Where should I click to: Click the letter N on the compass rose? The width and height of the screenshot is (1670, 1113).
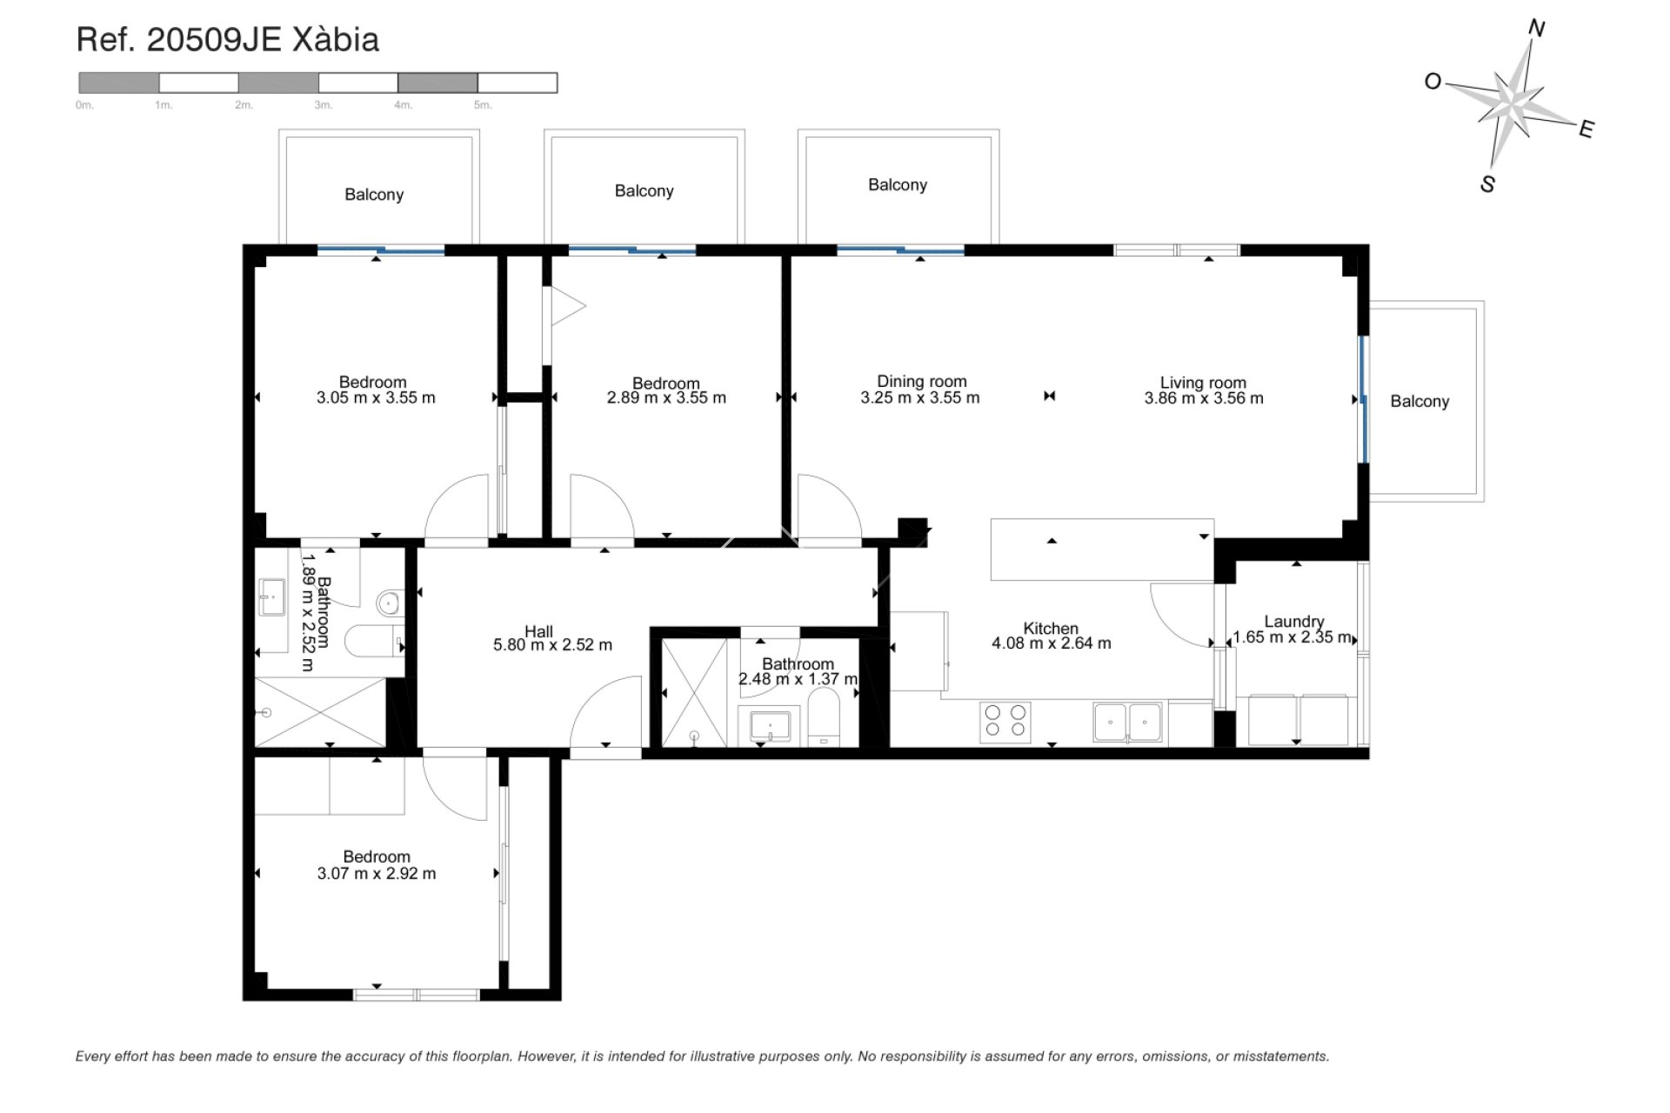click(x=1536, y=30)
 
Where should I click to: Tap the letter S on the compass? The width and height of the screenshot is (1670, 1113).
click(x=1487, y=184)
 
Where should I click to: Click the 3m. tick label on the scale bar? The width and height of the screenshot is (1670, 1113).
click(x=324, y=105)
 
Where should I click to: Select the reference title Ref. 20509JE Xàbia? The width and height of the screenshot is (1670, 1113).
click(x=228, y=40)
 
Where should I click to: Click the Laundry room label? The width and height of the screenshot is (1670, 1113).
click(x=1293, y=621)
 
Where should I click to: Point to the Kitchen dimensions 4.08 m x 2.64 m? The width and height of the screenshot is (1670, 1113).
click(x=1051, y=643)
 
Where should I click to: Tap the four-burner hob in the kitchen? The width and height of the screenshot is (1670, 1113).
click(x=1005, y=722)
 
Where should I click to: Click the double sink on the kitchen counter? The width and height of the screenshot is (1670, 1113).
click(x=1129, y=722)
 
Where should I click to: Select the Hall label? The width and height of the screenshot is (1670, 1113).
click(x=538, y=631)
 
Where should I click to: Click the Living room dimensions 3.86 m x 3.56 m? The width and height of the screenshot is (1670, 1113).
click(x=1203, y=398)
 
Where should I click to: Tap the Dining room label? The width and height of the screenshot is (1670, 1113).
click(x=921, y=381)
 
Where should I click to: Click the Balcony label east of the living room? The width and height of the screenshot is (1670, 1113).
click(x=1419, y=401)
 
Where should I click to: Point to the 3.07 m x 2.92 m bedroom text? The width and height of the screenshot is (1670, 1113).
click(x=377, y=873)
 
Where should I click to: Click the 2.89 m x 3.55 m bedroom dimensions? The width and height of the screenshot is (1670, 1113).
click(x=665, y=398)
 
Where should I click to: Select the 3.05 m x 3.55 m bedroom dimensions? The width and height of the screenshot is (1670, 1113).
click(x=376, y=398)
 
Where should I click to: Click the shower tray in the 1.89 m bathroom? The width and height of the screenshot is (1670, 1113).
click(x=319, y=712)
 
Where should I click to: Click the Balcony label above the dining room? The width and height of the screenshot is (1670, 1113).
click(x=897, y=184)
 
